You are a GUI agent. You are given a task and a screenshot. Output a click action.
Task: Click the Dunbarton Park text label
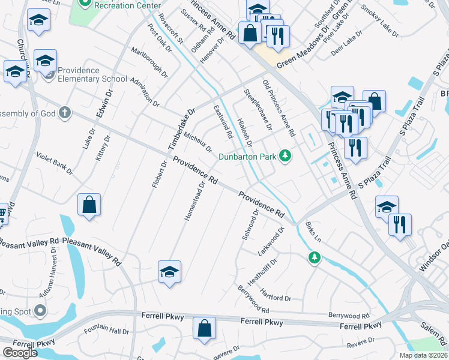click(247, 157)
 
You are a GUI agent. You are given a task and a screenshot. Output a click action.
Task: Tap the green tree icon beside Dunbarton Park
click(286, 157)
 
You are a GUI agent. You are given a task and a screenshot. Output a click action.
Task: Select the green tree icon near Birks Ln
click(313, 258)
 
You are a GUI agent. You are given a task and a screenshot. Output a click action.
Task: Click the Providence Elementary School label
click(92, 74)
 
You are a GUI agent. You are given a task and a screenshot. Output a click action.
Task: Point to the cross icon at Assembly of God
click(64, 112)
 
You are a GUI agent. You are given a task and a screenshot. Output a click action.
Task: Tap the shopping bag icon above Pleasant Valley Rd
click(89, 205)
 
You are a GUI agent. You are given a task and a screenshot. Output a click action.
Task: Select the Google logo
click(20, 353)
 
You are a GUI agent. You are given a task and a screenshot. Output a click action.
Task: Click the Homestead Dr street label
click(195, 201)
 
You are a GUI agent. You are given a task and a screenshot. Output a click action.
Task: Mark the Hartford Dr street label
click(276, 295)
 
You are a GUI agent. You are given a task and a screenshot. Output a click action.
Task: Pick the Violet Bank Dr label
click(55, 164)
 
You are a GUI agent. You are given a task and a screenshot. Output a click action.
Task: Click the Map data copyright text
click(423, 355)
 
